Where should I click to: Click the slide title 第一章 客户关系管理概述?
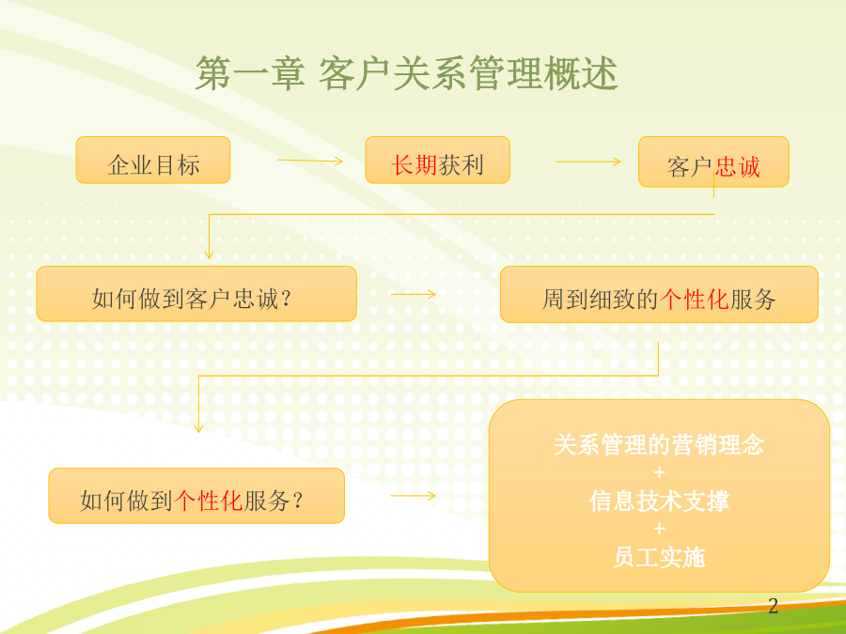click(x=406, y=73)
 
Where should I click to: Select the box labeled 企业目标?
click(x=153, y=160)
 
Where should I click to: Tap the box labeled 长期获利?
click(x=437, y=160)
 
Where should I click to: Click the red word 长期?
click(x=415, y=165)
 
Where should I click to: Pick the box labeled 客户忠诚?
click(x=713, y=162)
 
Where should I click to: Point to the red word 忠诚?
click(x=738, y=167)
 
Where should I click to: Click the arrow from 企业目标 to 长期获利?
click(x=310, y=161)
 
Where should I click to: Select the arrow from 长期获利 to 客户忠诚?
click(x=588, y=162)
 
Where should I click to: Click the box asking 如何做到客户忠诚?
click(x=196, y=294)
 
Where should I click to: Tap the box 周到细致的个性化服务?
click(x=659, y=294)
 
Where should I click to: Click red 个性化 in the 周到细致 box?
click(x=695, y=300)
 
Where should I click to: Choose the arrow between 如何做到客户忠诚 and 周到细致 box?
click(x=414, y=294)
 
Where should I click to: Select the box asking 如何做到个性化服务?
click(x=196, y=496)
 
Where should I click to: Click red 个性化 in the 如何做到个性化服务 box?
click(x=209, y=501)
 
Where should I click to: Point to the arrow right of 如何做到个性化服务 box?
click(x=414, y=495)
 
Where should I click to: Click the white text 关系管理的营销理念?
click(x=659, y=445)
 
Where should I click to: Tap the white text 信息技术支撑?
click(x=659, y=501)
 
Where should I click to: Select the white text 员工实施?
click(x=659, y=557)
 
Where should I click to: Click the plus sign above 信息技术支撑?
click(x=659, y=472)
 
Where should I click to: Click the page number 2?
click(x=774, y=606)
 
